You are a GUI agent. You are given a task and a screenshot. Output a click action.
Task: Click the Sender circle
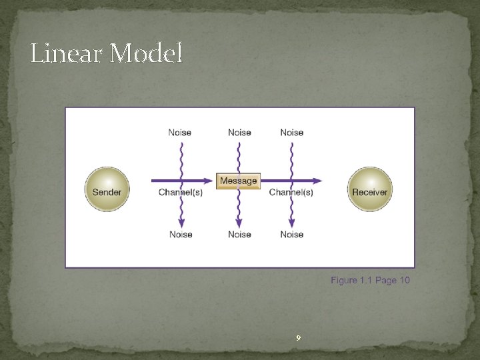pyautogui.click(x=107, y=189)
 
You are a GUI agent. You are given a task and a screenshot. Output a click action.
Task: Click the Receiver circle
pyautogui.click(x=369, y=189)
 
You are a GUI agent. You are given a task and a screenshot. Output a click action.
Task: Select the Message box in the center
pyautogui.click(x=238, y=181)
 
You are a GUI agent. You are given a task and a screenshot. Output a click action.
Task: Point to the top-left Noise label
pyautogui.click(x=180, y=133)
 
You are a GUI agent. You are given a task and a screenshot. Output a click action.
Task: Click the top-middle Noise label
pyautogui.click(x=239, y=133)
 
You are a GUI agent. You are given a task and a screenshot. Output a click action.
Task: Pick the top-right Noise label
pyautogui.click(x=292, y=133)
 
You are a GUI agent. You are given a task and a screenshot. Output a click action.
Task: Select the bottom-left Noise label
pyautogui.click(x=181, y=235)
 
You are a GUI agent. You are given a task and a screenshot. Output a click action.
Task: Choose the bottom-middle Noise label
pyautogui.click(x=239, y=235)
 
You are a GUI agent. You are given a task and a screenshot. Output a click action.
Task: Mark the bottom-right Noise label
pyautogui.click(x=292, y=235)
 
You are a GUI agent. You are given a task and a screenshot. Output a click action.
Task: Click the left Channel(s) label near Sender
pyautogui.click(x=181, y=193)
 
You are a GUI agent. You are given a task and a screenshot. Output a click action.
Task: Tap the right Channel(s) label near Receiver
pyautogui.click(x=291, y=193)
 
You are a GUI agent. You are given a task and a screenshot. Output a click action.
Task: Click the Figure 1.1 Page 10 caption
pyautogui.click(x=370, y=280)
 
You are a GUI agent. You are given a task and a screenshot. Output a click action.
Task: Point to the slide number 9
pyautogui.click(x=298, y=339)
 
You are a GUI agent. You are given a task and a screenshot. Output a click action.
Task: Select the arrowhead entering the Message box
pyautogui.click(x=211, y=180)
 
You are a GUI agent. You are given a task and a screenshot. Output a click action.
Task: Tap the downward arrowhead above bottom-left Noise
pyautogui.click(x=181, y=223)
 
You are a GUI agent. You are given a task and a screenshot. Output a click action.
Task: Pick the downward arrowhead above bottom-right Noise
pyautogui.click(x=291, y=223)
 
